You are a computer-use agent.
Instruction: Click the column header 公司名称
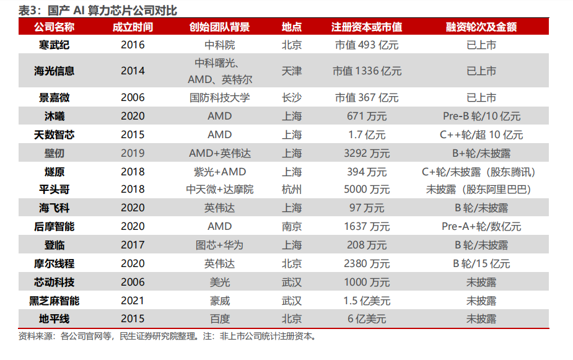coord(56,27)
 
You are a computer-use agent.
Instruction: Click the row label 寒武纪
coord(56,45)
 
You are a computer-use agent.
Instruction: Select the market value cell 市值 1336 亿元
coord(367,71)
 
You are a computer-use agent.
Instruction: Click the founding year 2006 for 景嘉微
coord(133,97)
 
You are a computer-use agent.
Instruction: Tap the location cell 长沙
coord(292,97)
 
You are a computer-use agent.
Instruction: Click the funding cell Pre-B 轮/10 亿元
coord(481,116)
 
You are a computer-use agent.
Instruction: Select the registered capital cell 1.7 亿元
coord(367,134)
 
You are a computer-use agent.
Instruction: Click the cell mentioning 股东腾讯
coord(481,172)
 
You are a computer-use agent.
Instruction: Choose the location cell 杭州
coord(292,190)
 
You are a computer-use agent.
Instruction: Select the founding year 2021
coord(133,301)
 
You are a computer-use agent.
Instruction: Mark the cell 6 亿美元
coord(367,319)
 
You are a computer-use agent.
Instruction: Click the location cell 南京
coord(292,226)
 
